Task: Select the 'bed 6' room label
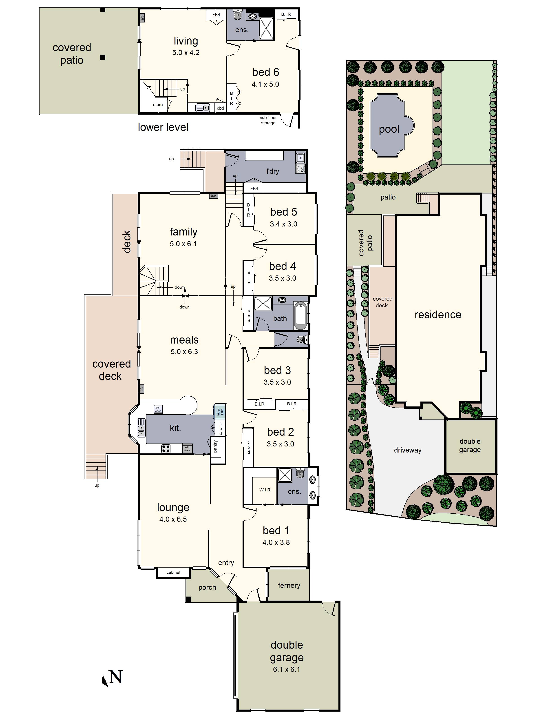pos(265,72)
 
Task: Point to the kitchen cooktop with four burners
pos(166,449)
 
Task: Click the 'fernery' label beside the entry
pos(289,585)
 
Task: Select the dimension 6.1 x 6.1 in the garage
pos(286,669)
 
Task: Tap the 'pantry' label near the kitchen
pos(215,446)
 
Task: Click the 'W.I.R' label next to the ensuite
pos(265,490)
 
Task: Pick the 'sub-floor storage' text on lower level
pos(268,120)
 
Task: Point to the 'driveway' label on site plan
pos(407,450)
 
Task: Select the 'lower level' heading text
pos(163,127)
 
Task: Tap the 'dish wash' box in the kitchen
pos(158,409)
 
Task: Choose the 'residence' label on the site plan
pos(438,315)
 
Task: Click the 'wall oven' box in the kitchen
pos(187,448)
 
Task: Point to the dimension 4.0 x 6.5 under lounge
pos(173,519)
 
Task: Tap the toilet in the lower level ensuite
pos(238,14)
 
